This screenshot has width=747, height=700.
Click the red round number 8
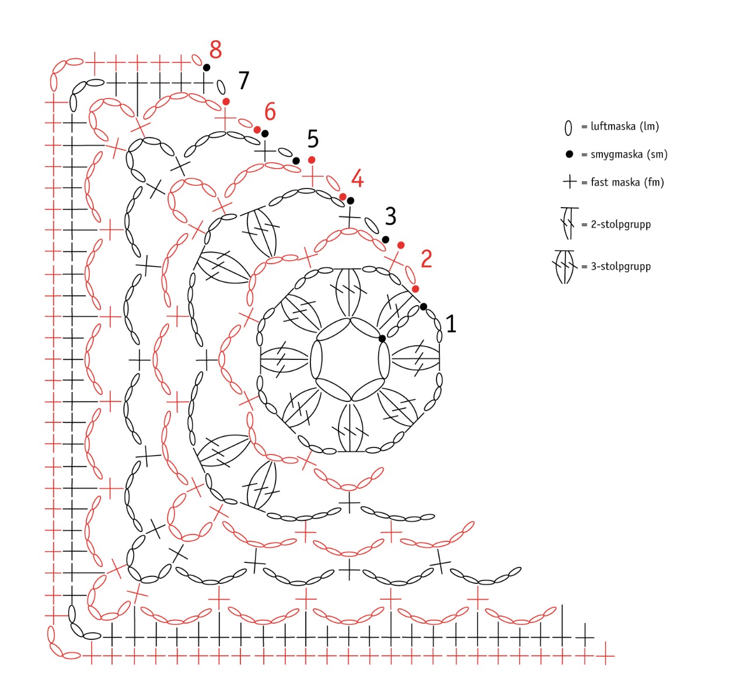click(215, 50)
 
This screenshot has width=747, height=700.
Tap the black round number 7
click(243, 80)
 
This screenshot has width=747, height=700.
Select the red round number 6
click(270, 111)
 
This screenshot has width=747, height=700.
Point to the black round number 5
click(313, 139)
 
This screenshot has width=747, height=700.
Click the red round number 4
click(357, 178)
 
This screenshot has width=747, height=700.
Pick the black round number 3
click(390, 216)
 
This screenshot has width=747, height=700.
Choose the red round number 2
click(426, 259)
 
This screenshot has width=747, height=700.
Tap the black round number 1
click(451, 324)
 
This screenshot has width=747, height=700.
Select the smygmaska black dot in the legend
click(569, 155)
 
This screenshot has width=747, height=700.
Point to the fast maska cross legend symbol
click(570, 182)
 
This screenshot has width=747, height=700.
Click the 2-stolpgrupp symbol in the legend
click(568, 223)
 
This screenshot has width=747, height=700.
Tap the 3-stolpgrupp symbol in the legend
click(565, 267)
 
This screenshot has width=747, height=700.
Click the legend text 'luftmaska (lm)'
click(624, 127)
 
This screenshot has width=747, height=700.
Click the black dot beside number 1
click(424, 307)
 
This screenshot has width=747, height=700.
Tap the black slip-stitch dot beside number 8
click(207, 68)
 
